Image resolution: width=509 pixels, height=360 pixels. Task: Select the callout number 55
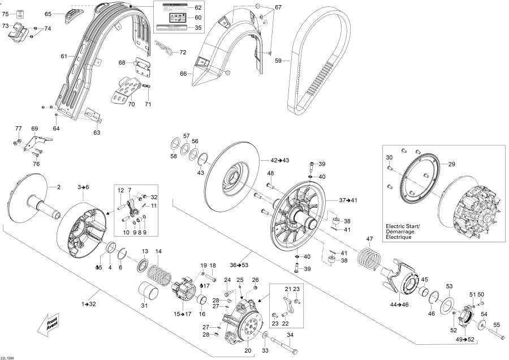point(497,324)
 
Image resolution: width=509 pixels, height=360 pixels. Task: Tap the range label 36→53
point(238,265)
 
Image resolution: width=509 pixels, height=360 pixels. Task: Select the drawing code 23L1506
point(8,357)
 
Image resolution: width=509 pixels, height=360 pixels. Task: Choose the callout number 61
point(64,56)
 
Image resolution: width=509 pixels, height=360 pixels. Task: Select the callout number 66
point(183,74)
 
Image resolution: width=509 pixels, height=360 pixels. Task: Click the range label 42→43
point(280,161)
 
